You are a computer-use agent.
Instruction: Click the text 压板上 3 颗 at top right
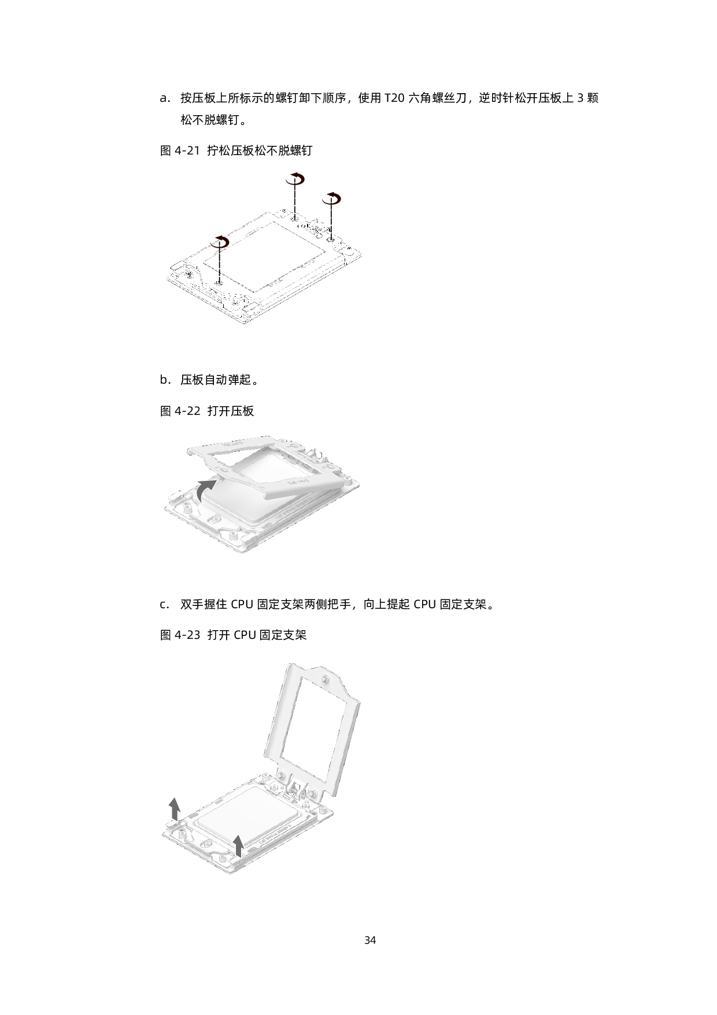tap(568, 98)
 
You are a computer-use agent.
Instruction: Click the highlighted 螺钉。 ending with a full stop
tap(233, 120)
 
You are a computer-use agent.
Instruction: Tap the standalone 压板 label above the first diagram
tap(242, 150)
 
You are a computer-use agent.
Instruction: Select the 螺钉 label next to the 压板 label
tap(301, 150)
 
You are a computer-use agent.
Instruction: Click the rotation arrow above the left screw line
tap(220, 242)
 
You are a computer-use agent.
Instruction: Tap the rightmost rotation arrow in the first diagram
tap(331, 198)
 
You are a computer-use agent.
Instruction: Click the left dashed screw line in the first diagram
tap(220, 266)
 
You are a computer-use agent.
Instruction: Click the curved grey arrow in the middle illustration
tap(206, 491)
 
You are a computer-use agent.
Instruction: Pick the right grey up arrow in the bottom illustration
tap(238, 845)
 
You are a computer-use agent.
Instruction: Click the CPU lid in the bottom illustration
tap(243, 828)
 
